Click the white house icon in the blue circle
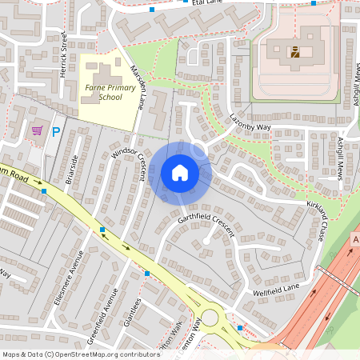pos(180,173)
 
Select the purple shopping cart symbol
pos(37,130)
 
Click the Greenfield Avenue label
pos(103,316)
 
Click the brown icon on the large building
pos(295,54)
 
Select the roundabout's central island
pos(210,318)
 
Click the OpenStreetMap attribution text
pos(80,354)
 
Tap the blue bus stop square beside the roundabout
pos(240,328)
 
